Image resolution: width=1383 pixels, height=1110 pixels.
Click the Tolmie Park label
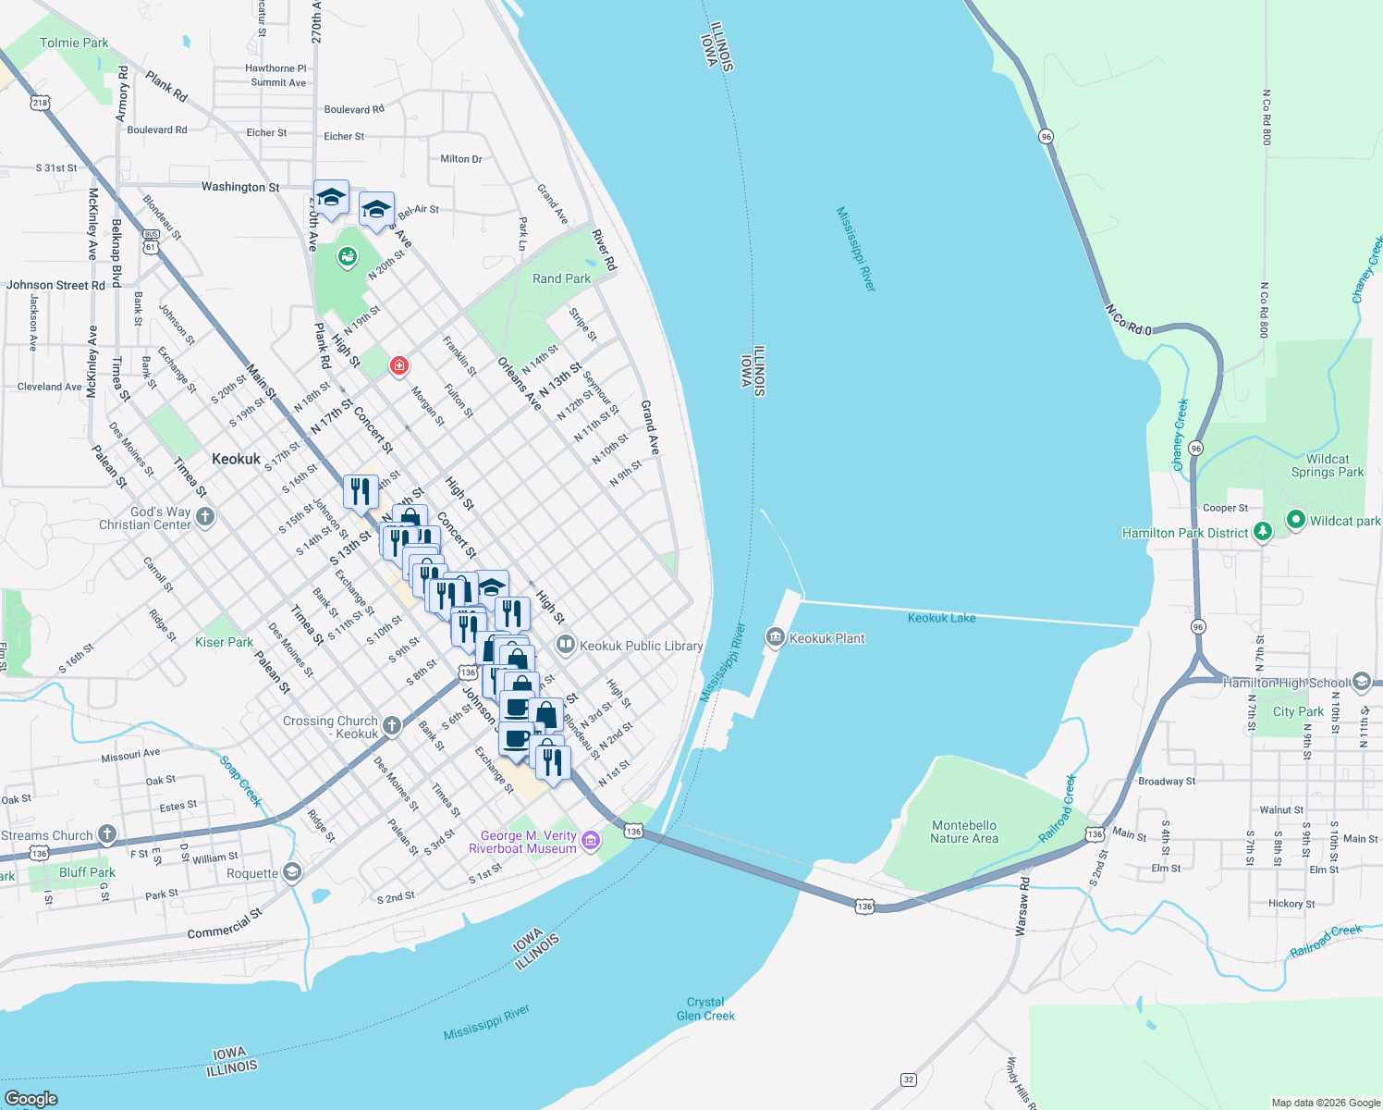point(74,43)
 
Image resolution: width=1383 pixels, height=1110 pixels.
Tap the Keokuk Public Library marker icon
point(565,644)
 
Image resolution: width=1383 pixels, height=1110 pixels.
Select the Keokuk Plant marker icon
point(775,636)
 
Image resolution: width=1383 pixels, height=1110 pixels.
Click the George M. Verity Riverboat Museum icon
point(591,841)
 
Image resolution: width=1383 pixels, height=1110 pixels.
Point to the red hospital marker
point(398,366)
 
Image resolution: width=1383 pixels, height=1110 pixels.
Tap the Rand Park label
point(561,278)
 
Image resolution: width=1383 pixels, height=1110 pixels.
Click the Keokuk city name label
point(236,459)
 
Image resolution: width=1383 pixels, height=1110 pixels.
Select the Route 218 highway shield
point(40,103)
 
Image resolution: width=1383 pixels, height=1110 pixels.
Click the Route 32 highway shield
point(909,1079)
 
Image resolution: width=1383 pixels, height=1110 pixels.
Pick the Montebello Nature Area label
point(964,832)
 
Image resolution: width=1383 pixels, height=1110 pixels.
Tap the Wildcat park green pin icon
point(1295,520)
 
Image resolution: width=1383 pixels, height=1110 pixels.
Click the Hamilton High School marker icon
point(1361,682)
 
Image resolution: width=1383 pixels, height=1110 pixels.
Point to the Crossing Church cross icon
point(392,725)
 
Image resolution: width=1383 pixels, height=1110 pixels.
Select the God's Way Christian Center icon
point(205,517)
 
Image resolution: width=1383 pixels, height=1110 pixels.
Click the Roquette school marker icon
point(292,872)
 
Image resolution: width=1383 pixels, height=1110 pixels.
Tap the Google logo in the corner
point(31,1098)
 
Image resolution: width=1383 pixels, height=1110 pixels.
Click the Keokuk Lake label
point(941,618)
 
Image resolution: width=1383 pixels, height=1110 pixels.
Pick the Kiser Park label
point(224,642)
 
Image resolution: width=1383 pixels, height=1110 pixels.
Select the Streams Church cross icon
point(107,834)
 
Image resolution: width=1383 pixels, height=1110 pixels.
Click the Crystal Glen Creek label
point(705,1008)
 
